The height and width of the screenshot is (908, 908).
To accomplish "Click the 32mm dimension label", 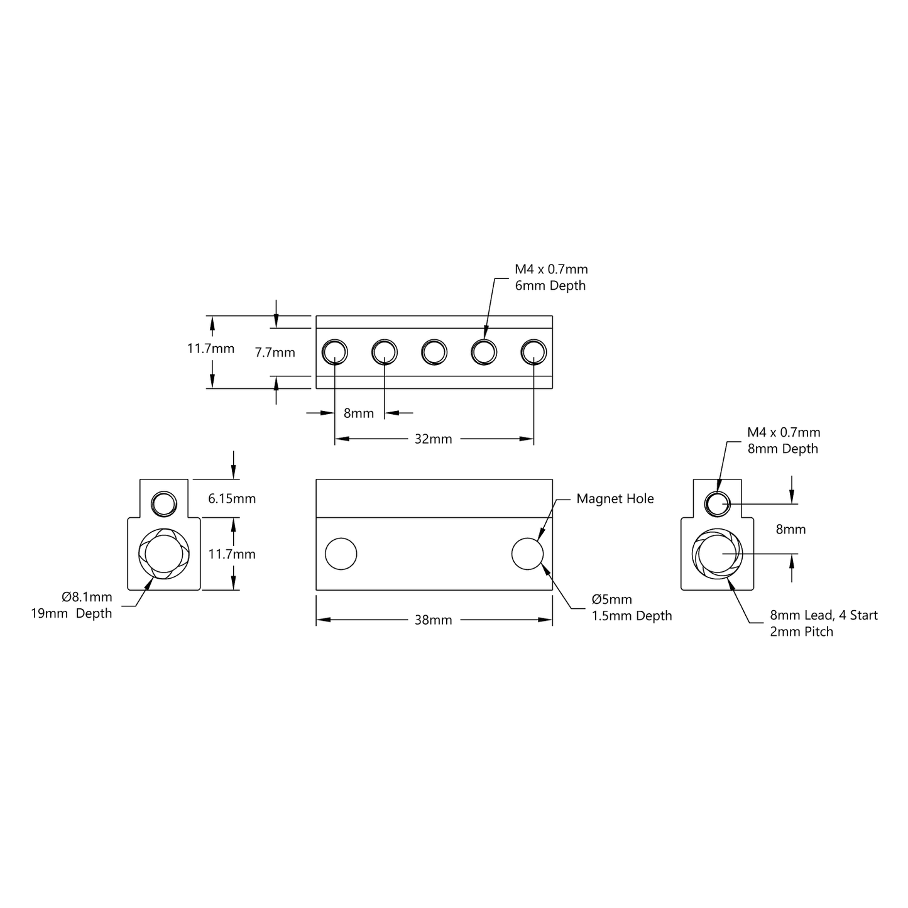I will coord(433,439).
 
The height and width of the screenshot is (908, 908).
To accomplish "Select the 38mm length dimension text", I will coord(433,620).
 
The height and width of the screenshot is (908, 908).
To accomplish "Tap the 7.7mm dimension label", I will coord(275,353).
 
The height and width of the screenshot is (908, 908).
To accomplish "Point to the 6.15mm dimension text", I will coord(232,499).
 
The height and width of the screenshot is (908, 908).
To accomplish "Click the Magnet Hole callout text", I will coord(615,499).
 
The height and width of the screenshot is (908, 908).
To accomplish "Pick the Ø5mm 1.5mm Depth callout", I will coord(632,608).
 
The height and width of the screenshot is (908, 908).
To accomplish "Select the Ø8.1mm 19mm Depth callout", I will coord(72,605).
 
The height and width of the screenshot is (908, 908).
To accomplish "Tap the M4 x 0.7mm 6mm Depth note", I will coord(551,277).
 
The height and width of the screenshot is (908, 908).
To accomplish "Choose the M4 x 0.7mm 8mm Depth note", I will coord(783,440).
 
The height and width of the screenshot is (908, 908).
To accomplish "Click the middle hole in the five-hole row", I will coord(434,352).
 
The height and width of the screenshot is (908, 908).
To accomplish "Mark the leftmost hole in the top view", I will coord(334,352).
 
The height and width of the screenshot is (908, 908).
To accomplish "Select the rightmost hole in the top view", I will coord(533,352).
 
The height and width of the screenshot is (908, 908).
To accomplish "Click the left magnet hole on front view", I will coord(341,554).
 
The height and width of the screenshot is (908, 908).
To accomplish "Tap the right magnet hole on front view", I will coord(527,554).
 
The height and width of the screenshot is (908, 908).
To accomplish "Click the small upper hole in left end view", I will coord(164,503).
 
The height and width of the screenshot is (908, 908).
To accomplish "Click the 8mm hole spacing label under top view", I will coord(358,413).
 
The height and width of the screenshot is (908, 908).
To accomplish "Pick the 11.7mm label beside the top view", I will coord(211,349).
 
